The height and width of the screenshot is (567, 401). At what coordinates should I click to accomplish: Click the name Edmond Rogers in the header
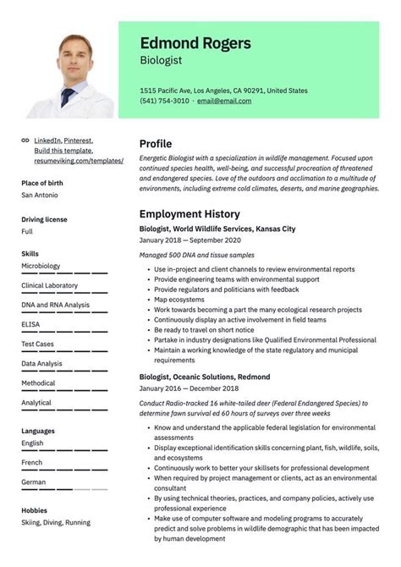pyautogui.click(x=195, y=43)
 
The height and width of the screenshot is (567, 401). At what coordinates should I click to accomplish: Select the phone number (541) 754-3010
pyautogui.click(x=164, y=101)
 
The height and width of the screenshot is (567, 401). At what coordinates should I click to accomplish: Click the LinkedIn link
pyautogui.click(x=47, y=140)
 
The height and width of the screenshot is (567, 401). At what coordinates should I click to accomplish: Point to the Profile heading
pyautogui.click(x=155, y=144)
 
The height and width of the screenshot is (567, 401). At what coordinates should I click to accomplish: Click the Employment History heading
pyautogui.click(x=190, y=214)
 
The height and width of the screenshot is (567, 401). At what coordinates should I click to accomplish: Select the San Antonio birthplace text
pyautogui.click(x=39, y=195)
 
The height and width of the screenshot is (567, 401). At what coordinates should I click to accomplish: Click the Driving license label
pyautogui.click(x=44, y=219)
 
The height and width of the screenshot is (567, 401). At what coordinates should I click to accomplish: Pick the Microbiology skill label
pyautogui.click(x=41, y=266)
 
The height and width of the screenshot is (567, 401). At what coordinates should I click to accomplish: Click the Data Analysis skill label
pyautogui.click(x=41, y=363)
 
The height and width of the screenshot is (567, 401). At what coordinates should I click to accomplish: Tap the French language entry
pyautogui.click(x=31, y=462)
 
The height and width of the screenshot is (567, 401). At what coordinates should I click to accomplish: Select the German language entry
pyautogui.click(x=33, y=482)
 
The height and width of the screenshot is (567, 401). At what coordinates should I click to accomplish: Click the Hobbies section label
pyautogui.click(x=34, y=510)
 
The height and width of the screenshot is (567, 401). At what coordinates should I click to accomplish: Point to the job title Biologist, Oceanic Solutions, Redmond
pyautogui.click(x=205, y=377)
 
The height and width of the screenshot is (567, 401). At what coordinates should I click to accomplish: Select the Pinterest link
pyautogui.click(x=78, y=140)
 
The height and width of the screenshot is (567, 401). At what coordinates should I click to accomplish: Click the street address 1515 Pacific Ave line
pyautogui.click(x=223, y=90)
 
